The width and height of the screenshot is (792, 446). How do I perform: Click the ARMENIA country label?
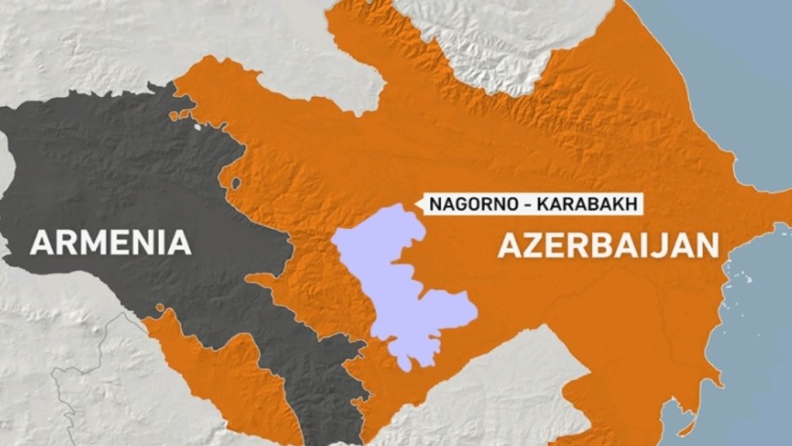pos(111,243)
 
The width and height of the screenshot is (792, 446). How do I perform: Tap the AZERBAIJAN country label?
pos(608,244)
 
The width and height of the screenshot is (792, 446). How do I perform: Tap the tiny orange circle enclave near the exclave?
pos(160,309)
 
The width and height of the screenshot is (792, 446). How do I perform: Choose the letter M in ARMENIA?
pos(90,243)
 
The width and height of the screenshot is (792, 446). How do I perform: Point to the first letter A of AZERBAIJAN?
pos(509,244)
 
